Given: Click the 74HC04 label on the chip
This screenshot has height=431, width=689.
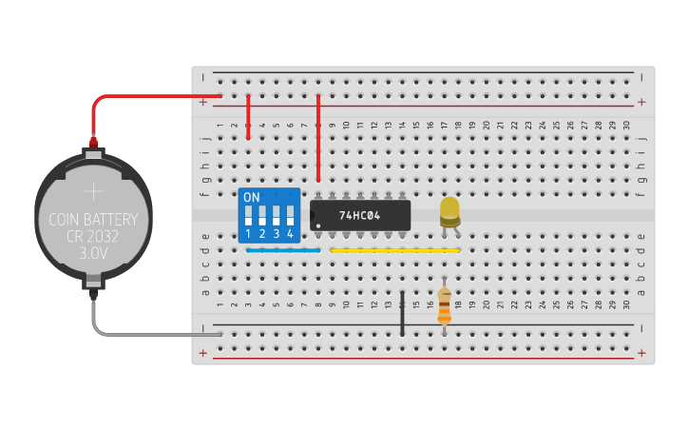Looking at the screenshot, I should [359, 215].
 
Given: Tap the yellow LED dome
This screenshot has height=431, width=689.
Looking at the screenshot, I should [450, 209].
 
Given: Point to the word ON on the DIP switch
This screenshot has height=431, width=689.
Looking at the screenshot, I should [252, 197].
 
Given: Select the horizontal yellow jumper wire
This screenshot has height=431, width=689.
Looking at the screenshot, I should [394, 250].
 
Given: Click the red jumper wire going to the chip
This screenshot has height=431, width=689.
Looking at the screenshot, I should [317, 138].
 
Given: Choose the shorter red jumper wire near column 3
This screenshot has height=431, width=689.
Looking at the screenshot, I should [248, 117].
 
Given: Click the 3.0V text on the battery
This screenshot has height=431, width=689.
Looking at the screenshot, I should [93, 254].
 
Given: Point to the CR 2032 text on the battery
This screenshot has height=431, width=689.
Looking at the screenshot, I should [93, 237].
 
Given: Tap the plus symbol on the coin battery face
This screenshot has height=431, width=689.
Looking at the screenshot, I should [93, 191].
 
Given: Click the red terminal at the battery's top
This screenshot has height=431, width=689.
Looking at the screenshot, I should [93, 143].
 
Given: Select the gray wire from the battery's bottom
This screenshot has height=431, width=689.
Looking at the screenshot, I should [143, 334].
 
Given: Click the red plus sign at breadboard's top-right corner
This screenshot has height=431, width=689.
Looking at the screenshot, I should [642, 102].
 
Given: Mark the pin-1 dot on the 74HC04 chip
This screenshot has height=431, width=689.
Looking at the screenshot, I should [318, 225].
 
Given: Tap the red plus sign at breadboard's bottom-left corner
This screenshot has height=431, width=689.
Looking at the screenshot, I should [202, 352].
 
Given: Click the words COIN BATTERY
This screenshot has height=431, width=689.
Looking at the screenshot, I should [93, 220].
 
